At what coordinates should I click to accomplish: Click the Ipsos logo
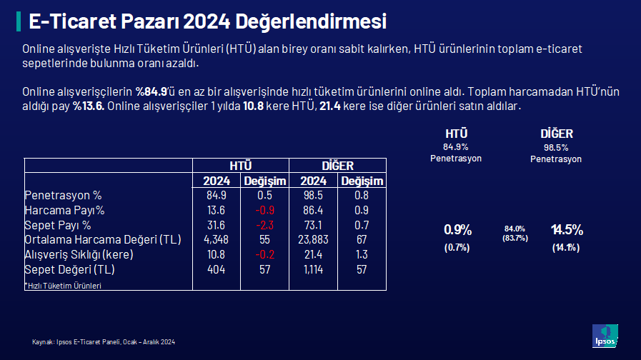click(605, 336)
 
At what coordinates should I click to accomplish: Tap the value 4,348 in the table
click(216, 240)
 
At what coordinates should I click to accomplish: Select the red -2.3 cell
click(264, 225)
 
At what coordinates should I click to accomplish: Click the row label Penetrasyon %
click(63, 195)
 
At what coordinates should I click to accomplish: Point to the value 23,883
click(313, 240)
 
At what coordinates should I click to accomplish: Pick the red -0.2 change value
click(264, 254)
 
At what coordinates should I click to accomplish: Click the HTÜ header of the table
click(240, 166)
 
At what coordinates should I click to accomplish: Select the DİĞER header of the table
click(337, 166)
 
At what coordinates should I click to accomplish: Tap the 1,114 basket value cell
click(313, 270)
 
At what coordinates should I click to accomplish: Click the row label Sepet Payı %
click(58, 225)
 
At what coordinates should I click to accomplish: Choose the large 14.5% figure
click(567, 230)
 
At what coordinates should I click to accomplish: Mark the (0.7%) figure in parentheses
click(457, 247)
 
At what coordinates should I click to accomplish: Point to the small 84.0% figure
click(515, 229)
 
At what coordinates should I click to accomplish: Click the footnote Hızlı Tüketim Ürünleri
click(64, 286)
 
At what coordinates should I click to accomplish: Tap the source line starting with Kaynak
click(104, 342)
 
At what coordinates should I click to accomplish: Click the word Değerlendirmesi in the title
click(311, 21)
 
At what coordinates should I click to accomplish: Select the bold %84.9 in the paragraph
click(151, 91)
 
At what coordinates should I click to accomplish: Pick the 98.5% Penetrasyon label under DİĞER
click(556, 154)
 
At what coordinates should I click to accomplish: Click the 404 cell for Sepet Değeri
click(216, 270)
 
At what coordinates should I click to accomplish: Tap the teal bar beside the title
click(19, 21)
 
